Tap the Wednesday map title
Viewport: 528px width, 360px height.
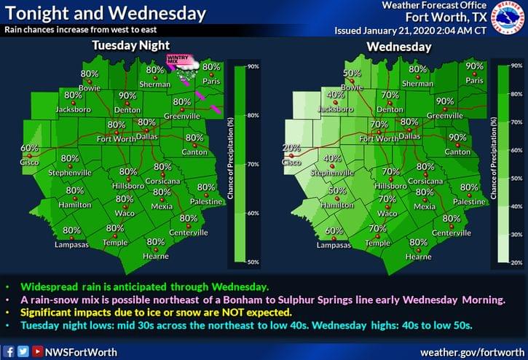pyautogui.click(x=399, y=47)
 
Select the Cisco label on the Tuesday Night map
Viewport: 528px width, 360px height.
pyautogui.click(x=30, y=161)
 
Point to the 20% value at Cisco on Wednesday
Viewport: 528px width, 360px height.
pyautogui.click(x=291, y=148)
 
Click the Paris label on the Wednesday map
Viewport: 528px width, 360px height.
pyautogui.click(x=474, y=80)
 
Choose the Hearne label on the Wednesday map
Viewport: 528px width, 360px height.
pyautogui.click(x=418, y=256)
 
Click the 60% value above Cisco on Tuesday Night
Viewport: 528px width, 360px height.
pyautogui.click(x=29, y=148)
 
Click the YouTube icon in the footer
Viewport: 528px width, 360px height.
pyautogui.click(x=35, y=350)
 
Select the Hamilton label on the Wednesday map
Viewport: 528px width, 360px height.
pyautogui.click(x=332, y=206)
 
